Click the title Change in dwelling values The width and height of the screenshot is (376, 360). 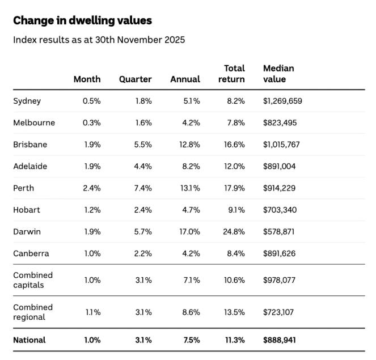82,20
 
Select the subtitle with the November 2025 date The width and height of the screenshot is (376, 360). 99,40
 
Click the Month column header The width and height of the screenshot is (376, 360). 87,79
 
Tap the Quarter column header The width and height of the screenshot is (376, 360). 135,79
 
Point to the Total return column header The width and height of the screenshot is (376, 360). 231,74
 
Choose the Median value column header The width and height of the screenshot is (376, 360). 278,74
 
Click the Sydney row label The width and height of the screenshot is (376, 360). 27,101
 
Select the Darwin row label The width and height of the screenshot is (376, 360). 27,232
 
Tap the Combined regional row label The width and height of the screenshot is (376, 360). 33,312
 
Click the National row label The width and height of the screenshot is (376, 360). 29,340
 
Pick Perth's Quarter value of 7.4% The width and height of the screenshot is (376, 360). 143,188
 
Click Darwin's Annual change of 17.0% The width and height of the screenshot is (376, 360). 189,232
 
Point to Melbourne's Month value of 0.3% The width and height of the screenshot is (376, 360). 91,122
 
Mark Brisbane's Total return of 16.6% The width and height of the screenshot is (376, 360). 234,145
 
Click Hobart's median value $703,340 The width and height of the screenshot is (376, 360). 280,210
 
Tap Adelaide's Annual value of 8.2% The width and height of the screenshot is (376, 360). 191,167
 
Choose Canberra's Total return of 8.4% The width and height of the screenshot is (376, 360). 235,253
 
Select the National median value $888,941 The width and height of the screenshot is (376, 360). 280,340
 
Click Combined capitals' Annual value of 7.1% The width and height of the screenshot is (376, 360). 191,280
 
